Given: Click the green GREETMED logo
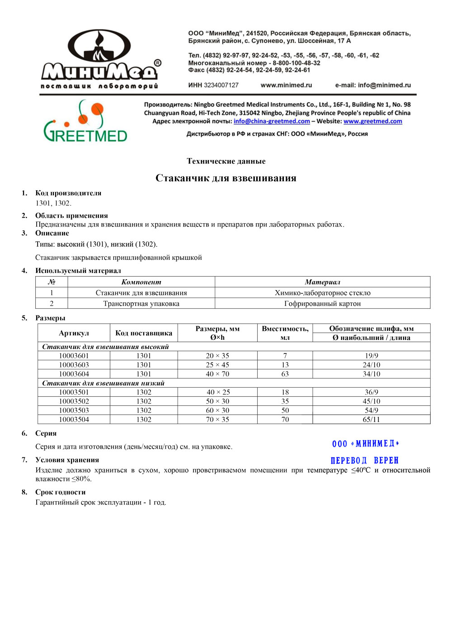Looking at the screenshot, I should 85,122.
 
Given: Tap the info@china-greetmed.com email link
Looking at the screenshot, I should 272,121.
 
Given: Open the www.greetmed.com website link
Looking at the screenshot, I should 372,121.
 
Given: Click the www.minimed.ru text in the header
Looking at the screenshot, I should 286,85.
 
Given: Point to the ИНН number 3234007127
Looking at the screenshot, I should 221,85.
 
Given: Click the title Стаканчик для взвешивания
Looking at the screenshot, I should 226,178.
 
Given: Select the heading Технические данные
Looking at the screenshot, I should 226,161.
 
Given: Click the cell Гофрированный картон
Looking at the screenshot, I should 322,304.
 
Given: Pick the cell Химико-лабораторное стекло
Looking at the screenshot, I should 322,293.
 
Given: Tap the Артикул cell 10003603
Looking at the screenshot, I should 74,365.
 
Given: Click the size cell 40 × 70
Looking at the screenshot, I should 217,374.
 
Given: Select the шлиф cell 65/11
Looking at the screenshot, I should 371,419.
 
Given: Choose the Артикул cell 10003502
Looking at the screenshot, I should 74,401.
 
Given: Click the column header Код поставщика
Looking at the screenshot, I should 144,333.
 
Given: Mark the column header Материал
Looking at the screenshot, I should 322,282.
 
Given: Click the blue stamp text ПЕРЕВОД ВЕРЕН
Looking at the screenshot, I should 364,460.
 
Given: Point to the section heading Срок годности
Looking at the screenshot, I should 60,492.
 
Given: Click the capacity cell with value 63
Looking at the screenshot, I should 285,374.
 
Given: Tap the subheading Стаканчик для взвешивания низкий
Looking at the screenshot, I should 103,383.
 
